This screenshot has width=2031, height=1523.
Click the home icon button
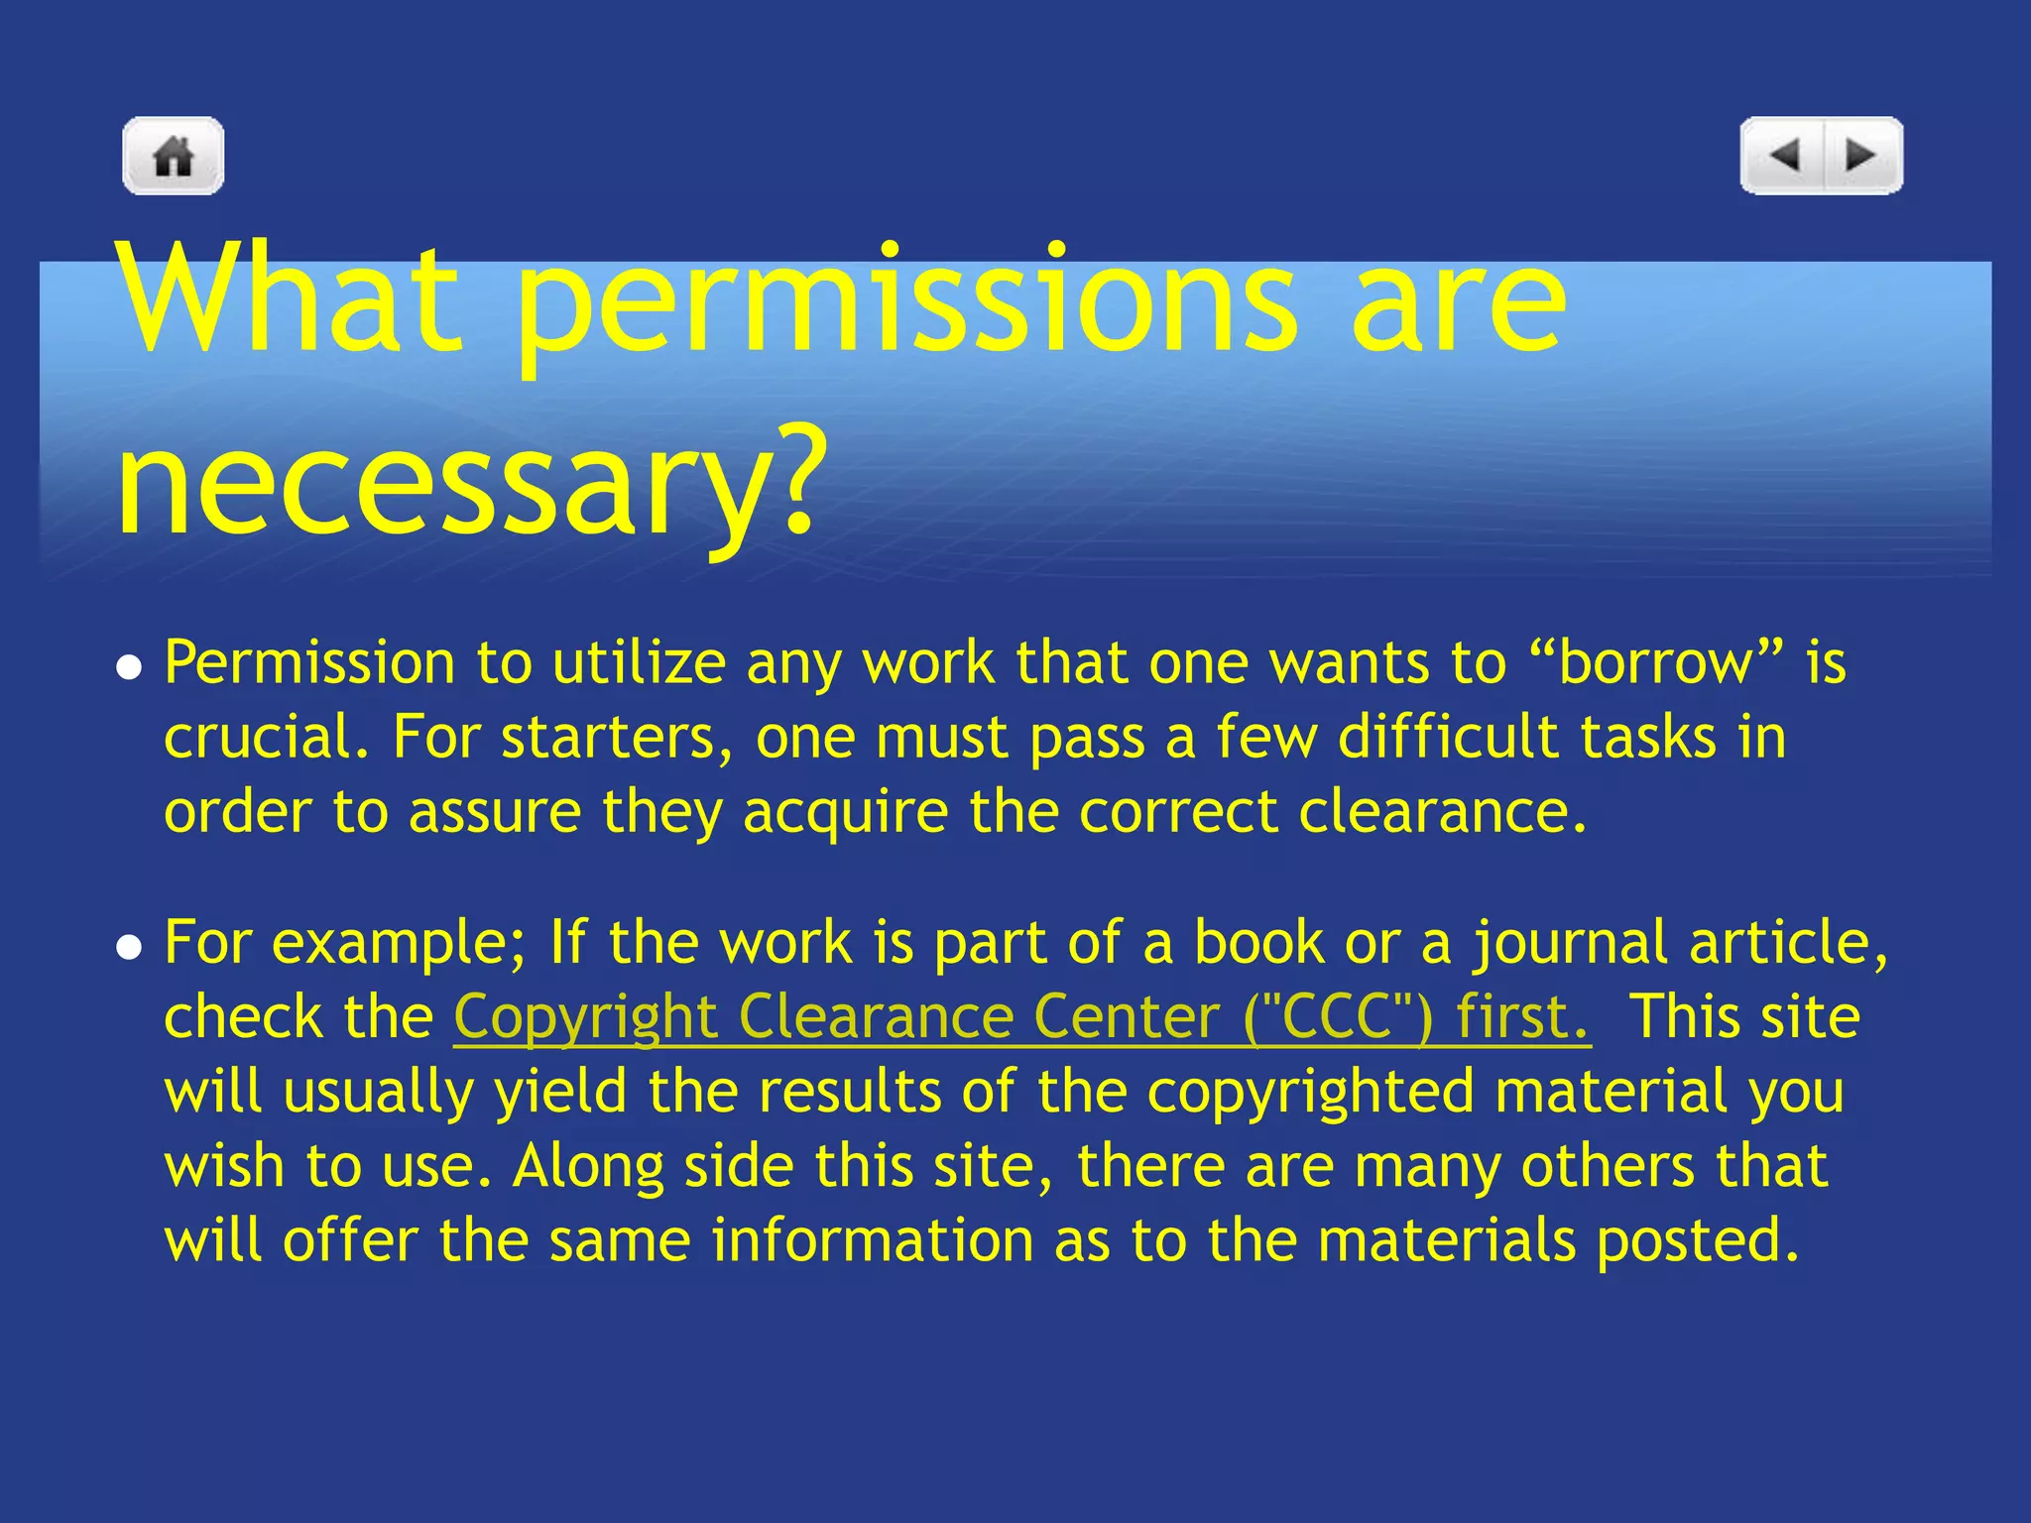coord(174,156)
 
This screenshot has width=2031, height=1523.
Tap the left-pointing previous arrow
coord(1784,156)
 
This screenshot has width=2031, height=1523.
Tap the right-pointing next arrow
coord(1860,156)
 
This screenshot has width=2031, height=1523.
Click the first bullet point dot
coord(128,668)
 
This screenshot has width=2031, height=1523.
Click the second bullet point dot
coord(128,948)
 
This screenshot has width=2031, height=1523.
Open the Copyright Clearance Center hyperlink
coord(1021,1017)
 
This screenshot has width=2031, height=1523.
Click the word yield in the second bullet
coord(560,1092)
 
